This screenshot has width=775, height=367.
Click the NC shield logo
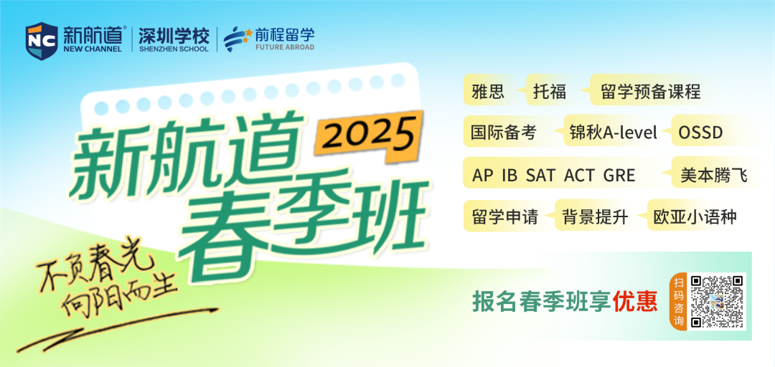tap(42, 41)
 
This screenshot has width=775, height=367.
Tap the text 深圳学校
tap(174, 36)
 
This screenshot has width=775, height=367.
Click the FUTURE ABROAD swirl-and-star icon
tap(238, 39)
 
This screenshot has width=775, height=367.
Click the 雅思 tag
tap(488, 90)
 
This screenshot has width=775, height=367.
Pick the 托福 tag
tap(550, 90)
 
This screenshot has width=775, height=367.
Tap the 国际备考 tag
tap(503, 132)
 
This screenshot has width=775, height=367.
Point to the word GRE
tap(619, 175)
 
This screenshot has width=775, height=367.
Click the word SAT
tap(540, 175)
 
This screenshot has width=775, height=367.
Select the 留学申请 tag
tap(505, 216)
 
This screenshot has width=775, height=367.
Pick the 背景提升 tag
tap(595, 216)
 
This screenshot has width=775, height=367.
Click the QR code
tap(718, 301)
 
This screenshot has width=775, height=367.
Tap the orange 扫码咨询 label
tap(679, 301)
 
